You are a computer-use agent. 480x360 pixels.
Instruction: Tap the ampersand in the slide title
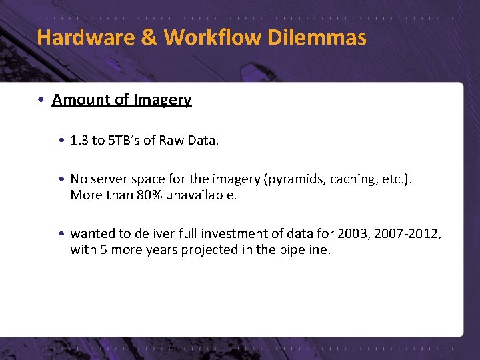point(149,37)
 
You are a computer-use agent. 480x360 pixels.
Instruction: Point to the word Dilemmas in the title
point(317,37)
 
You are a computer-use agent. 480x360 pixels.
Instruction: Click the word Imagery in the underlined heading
point(162,100)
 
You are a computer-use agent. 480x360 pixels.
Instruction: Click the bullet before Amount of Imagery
point(41,100)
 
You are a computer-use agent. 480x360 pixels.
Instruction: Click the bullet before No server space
point(61,179)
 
